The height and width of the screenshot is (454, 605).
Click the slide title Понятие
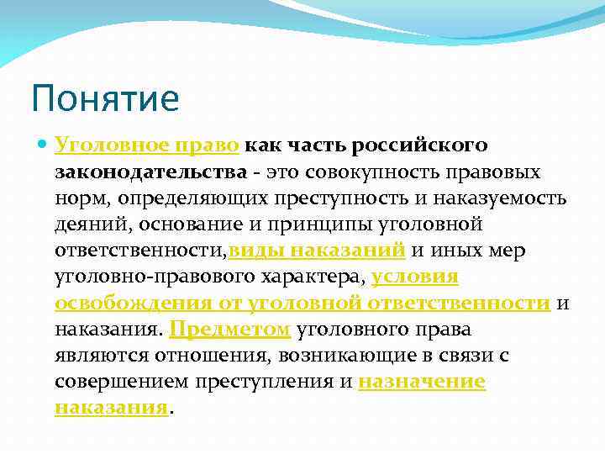click(106, 98)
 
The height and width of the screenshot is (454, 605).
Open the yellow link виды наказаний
click(318, 251)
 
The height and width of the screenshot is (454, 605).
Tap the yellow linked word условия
click(414, 277)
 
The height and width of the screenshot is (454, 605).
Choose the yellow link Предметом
click(230, 330)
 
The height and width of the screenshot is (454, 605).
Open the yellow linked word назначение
click(422, 382)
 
